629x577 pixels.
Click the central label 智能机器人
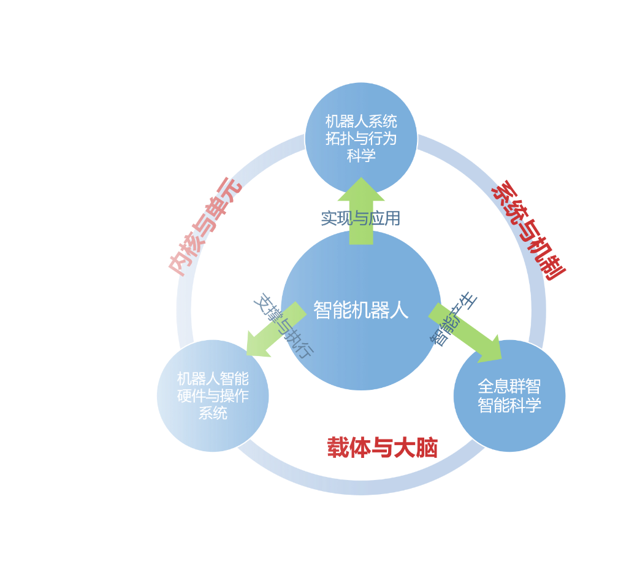coord(360,310)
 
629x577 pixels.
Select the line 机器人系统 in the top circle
coord(361,121)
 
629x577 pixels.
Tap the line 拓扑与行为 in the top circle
coord(361,138)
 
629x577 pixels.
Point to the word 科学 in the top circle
coord(361,155)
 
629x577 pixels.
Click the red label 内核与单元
coord(205,227)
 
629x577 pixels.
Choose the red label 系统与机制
coord(528,230)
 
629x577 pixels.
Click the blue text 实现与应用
coord(360,218)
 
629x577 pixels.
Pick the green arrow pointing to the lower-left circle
coord(270,335)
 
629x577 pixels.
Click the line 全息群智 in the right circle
coord(509,387)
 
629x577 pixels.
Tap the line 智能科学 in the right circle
coord(509,405)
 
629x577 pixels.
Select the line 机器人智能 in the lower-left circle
coord(213,379)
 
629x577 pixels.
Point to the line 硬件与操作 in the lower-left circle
coord(213,396)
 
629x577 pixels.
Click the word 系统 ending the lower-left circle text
coord(213,413)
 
